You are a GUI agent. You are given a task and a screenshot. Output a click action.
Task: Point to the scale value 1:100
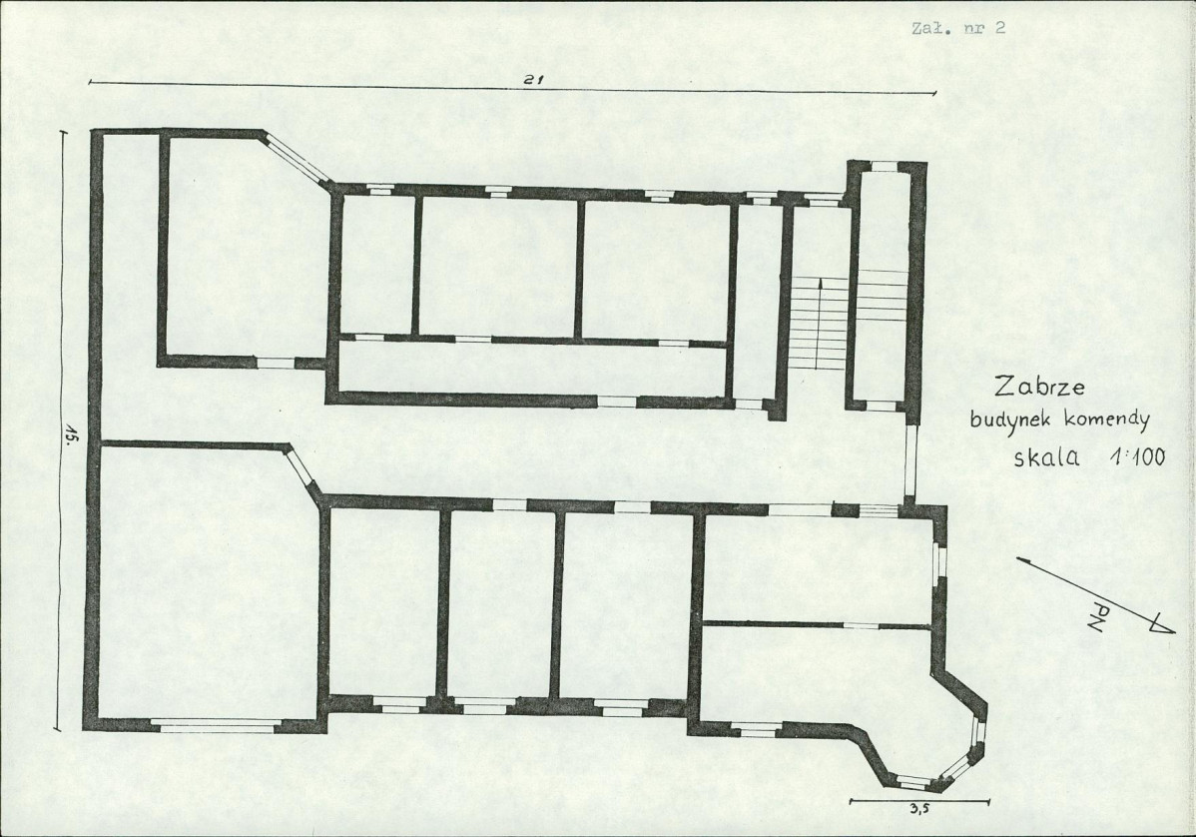1138,457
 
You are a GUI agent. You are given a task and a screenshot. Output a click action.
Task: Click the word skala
1046,457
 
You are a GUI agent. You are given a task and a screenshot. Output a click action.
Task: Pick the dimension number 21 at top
532,79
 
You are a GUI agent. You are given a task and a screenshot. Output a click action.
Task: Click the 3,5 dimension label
918,812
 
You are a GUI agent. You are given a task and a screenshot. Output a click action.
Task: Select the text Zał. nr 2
958,28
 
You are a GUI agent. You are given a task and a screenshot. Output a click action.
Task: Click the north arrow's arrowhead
1161,625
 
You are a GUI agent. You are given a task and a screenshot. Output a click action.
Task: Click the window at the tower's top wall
885,167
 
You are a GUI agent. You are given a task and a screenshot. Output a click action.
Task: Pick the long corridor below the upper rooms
531,370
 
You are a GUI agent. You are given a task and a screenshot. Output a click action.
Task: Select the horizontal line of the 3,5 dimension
919,801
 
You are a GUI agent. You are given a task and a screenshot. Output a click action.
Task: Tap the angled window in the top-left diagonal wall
297,158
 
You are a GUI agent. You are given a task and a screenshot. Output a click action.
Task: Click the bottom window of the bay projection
913,780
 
